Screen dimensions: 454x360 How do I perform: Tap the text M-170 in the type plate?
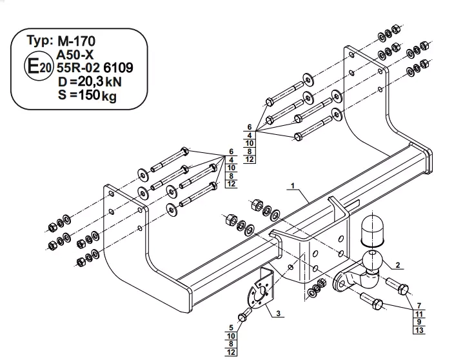pyautogui.click(x=76, y=41)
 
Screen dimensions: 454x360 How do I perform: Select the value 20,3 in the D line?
pyautogui.click(x=86, y=82)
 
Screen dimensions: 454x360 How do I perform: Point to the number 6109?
pyautogui.click(x=118, y=68)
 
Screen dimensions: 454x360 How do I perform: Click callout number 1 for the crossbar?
pyautogui.click(x=293, y=186)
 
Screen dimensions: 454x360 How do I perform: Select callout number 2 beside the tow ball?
pyautogui.click(x=397, y=265)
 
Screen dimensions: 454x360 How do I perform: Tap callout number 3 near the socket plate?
pyautogui.click(x=278, y=313)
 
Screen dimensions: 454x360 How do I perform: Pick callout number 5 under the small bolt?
pyautogui.click(x=231, y=328)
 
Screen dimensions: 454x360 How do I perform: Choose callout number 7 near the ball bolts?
pyautogui.click(x=419, y=306)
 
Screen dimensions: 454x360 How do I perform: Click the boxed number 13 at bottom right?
pyautogui.click(x=419, y=330)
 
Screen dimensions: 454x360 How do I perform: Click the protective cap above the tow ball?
pyautogui.click(x=371, y=231)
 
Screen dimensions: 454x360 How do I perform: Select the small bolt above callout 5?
pyautogui.click(x=245, y=315)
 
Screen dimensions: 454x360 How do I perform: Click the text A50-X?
pyautogui.click(x=75, y=55)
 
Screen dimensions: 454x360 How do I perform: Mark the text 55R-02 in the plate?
pyautogui.click(x=78, y=68)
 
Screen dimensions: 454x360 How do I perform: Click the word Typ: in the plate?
pyautogui.click(x=40, y=41)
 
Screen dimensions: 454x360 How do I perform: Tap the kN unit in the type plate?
pyautogui.click(x=113, y=83)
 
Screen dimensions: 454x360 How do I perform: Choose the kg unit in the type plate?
pyautogui.click(x=109, y=96)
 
